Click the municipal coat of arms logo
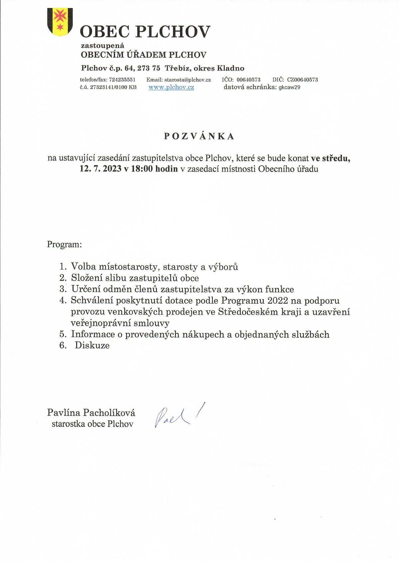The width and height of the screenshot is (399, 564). pyautogui.click(x=60, y=22)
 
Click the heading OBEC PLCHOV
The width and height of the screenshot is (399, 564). pyautogui.click(x=145, y=32)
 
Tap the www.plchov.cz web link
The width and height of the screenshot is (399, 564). pyautogui.click(x=171, y=88)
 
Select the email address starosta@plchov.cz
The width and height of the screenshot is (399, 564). pyautogui.click(x=188, y=80)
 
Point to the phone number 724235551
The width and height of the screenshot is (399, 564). pyautogui.click(x=122, y=80)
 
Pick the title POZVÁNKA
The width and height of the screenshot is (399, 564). pyautogui.click(x=199, y=136)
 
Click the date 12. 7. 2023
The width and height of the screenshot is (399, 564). pyautogui.click(x=100, y=169)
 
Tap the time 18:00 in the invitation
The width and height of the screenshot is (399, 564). pyautogui.click(x=142, y=169)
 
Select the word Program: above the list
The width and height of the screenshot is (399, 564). pyautogui.click(x=65, y=245)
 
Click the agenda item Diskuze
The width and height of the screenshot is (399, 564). pyautogui.click(x=92, y=345)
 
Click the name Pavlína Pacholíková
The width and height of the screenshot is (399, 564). pyautogui.click(x=91, y=413)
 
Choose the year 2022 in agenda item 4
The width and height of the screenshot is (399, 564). pyautogui.click(x=275, y=300)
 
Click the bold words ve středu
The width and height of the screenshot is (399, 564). pyautogui.click(x=331, y=158)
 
